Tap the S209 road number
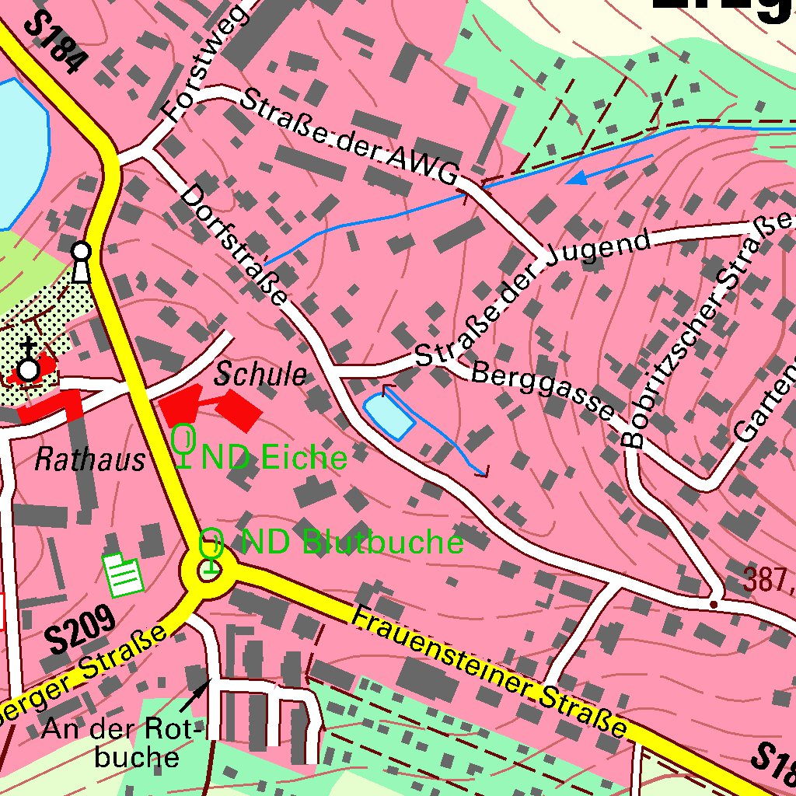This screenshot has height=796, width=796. click(x=80, y=629)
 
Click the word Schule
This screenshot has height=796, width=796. click(x=260, y=375)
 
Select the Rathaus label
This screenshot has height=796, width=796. click(x=89, y=460)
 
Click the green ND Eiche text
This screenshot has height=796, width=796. click(x=274, y=458)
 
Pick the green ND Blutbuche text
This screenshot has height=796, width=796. click(x=352, y=542)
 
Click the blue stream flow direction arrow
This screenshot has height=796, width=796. click(x=579, y=178)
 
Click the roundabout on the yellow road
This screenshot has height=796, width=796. click(x=208, y=573)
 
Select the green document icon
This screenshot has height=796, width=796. click(x=124, y=574)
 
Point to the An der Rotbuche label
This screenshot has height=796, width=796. click(x=121, y=742)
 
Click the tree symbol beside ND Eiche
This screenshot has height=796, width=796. click(x=183, y=445)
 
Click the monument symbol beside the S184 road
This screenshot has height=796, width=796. click(x=81, y=261)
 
